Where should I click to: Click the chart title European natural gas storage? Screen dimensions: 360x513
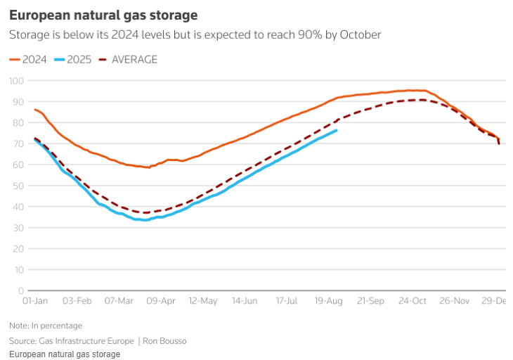pos(103,15)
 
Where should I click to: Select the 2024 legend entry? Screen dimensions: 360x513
pos(28,59)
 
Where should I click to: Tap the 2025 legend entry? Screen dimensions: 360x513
pos(73,59)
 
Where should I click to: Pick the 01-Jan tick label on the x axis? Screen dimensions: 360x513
pos(35,301)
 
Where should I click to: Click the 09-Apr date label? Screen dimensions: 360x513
pos(160,301)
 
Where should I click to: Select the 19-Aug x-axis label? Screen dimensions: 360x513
pos(328,301)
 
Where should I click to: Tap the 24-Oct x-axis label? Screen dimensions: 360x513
pos(413,301)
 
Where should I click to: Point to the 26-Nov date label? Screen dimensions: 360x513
pos(455,301)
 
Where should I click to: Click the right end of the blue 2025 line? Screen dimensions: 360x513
pos(337,130)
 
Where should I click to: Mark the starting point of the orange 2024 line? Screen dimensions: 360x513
pos(34,109)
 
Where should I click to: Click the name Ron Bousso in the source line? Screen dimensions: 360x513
pos(165,341)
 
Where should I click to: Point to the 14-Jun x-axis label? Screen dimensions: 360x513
pos(245,301)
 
